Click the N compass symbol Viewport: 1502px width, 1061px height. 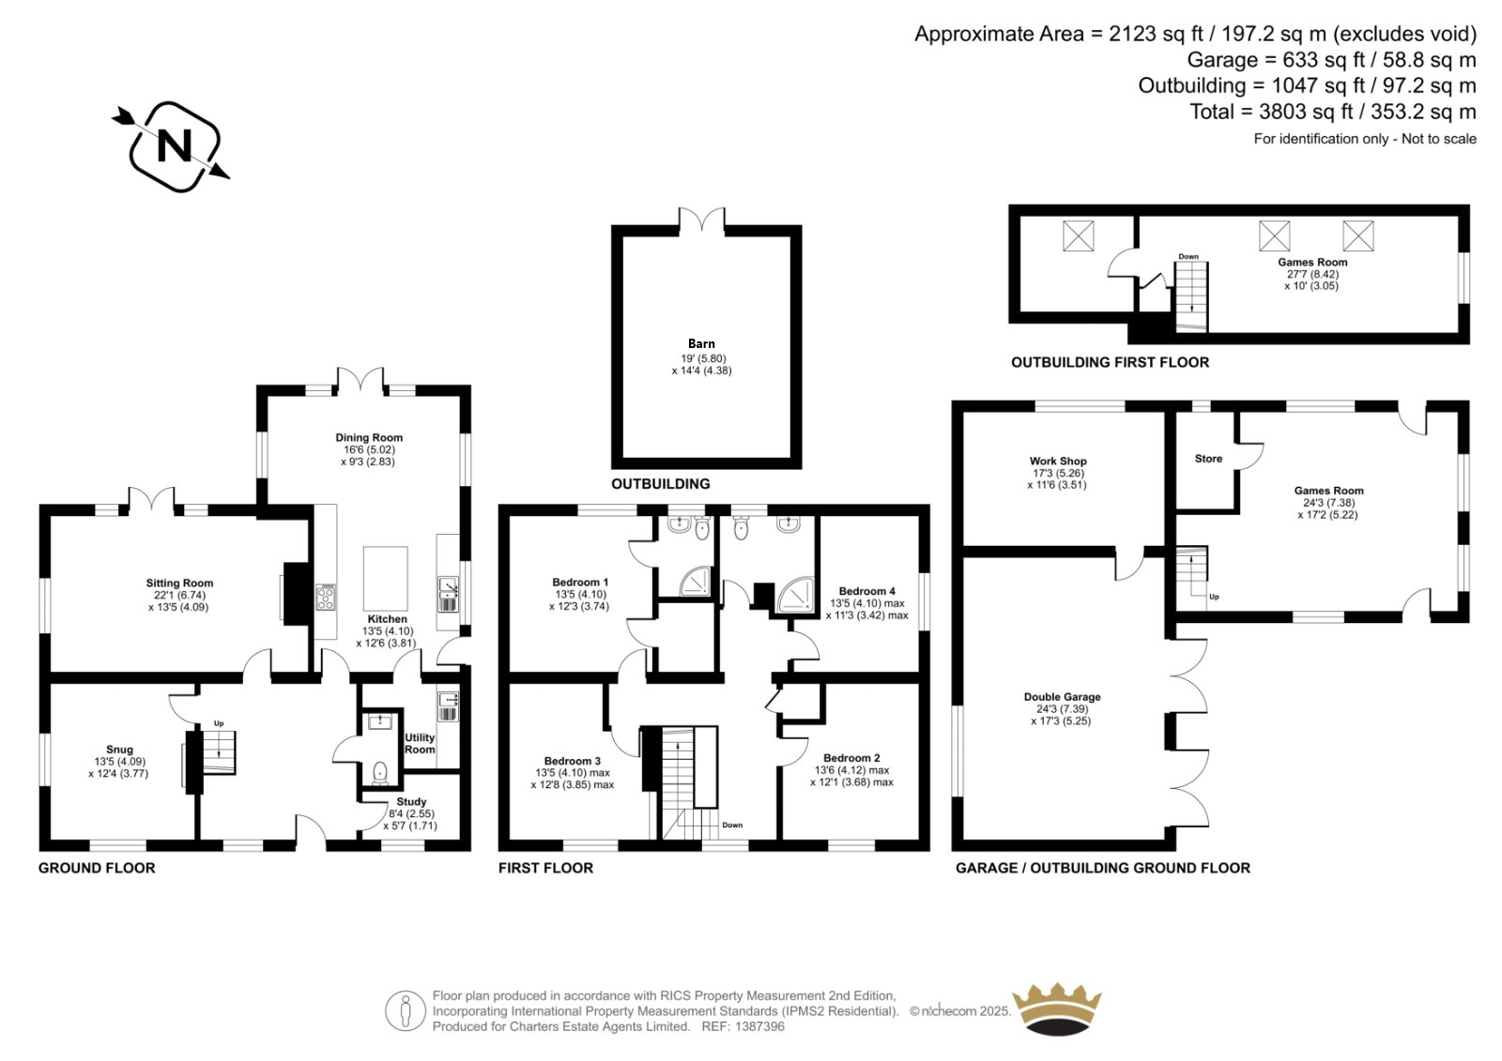click(x=173, y=146)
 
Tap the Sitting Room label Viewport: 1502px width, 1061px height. click(x=179, y=584)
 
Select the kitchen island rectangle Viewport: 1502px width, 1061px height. click(x=386, y=578)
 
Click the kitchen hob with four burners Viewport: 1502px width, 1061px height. click(x=326, y=598)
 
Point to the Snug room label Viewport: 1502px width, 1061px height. click(x=119, y=750)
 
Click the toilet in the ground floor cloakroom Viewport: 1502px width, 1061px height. click(x=380, y=773)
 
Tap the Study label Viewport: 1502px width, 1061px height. click(x=411, y=802)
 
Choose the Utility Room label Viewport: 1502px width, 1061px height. click(x=420, y=743)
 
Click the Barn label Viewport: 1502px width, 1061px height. click(x=701, y=344)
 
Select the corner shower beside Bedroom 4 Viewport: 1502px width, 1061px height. click(x=796, y=595)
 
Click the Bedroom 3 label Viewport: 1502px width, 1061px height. click(x=572, y=761)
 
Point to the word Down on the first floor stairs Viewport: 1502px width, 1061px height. click(x=732, y=826)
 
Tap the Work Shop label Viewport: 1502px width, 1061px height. click(x=1058, y=462)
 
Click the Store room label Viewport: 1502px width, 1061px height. click(x=1208, y=459)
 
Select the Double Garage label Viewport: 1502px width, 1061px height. click(x=1062, y=697)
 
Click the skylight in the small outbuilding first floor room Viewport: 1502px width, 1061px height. click(x=1079, y=235)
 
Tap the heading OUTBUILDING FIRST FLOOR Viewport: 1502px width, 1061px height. click(x=1110, y=363)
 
